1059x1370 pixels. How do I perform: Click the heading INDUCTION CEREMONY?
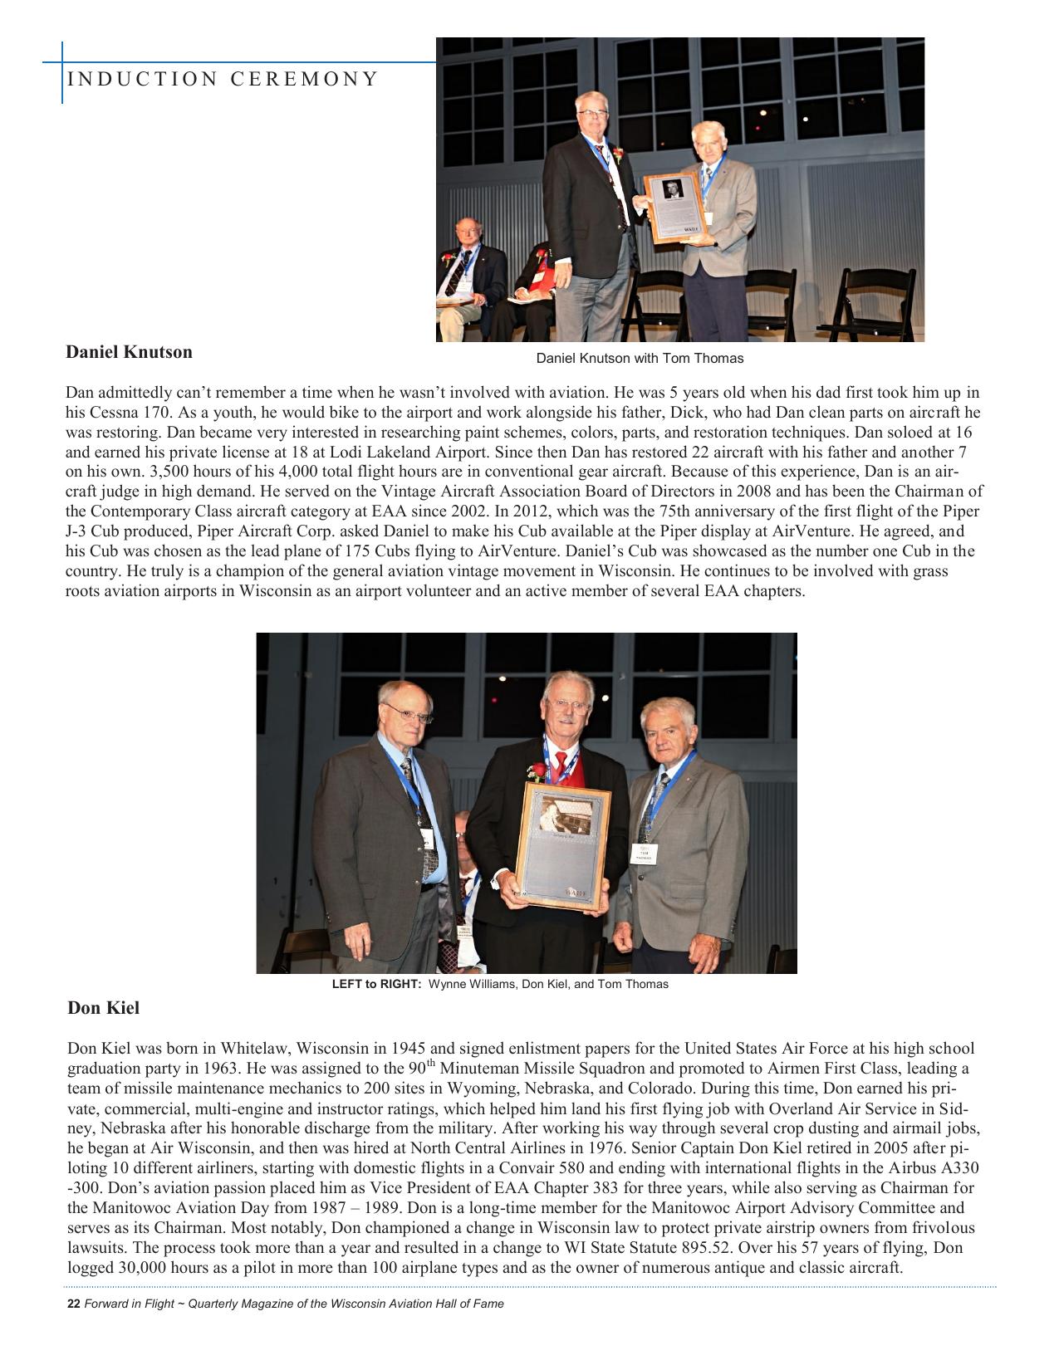point(222,79)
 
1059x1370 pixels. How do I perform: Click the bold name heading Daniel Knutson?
point(129,352)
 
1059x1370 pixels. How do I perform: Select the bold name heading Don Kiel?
point(104,1008)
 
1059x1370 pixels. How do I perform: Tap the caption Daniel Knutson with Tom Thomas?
point(640,359)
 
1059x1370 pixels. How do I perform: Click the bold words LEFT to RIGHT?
point(377,984)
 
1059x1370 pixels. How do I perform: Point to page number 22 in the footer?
point(73,1304)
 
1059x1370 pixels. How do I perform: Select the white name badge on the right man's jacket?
point(644,854)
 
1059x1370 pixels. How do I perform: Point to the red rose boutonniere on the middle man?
point(537,772)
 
